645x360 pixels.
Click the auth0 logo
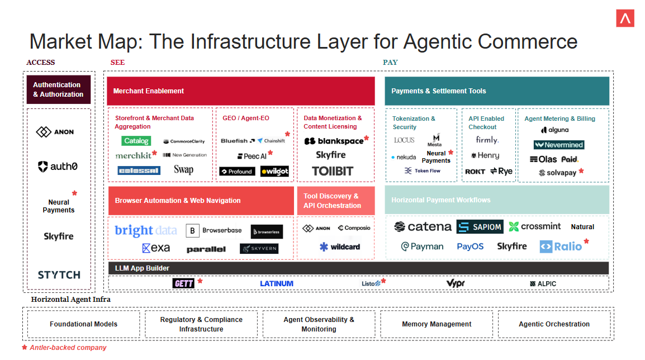pyautogui.click(x=58, y=166)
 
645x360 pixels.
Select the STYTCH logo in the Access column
pyautogui.click(x=59, y=274)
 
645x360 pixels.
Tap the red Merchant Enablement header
pyautogui.click(x=240, y=91)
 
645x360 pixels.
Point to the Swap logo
pyautogui.click(x=183, y=169)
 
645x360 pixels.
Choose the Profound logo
pyautogui.click(x=237, y=172)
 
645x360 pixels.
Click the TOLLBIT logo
pyautogui.click(x=333, y=171)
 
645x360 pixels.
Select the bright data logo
pyautogui.click(x=145, y=230)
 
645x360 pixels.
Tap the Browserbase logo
pyautogui.click(x=215, y=230)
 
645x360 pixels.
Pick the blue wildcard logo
pyautogui.click(x=340, y=247)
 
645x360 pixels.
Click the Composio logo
pyautogui.click(x=354, y=228)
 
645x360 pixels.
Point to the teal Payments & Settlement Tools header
pyautogui.click(x=497, y=91)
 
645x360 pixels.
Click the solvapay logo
pyautogui.click(x=557, y=173)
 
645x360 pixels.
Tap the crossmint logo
pyautogui.click(x=534, y=226)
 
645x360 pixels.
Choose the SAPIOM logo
pyautogui.click(x=480, y=226)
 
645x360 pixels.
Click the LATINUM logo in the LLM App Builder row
pyautogui.click(x=277, y=283)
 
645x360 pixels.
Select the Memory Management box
pyautogui.click(x=437, y=324)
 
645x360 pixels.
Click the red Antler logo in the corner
pyautogui.click(x=625, y=18)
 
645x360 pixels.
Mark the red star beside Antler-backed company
pyautogui.click(x=25, y=348)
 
